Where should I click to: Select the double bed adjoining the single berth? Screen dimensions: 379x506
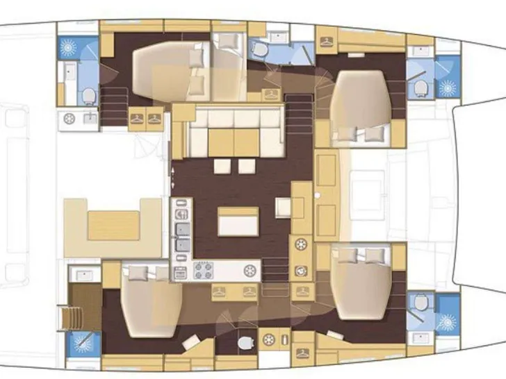tap(167, 69)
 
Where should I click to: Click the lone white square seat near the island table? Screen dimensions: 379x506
tap(284, 206)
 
